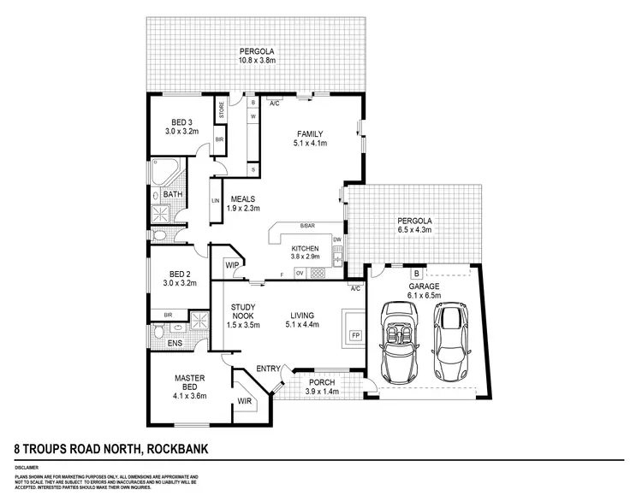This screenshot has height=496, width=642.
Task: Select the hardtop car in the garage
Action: pos(452,342)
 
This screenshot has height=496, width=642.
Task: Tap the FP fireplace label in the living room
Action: pos(355,335)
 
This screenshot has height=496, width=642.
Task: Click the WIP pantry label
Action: pos(231,265)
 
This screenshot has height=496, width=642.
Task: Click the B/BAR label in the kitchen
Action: pos(306,226)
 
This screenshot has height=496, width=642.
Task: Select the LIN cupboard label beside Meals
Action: pos(215,202)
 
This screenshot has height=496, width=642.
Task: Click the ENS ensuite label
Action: pos(175,343)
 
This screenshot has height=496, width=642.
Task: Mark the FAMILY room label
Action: pos(310,133)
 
